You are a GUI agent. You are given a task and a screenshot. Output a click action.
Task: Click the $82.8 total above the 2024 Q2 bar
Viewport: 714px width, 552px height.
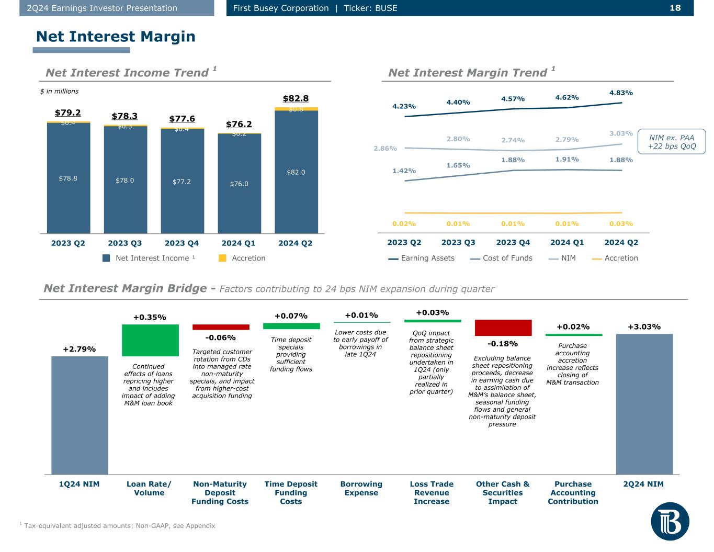pos(296,98)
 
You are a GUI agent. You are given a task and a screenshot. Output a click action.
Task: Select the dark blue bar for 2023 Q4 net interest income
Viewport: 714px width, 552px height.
pos(183,181)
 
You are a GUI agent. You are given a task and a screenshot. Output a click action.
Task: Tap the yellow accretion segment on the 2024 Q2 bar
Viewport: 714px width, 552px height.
pos(297,109)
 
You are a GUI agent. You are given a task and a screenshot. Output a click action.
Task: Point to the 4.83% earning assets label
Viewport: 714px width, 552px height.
pos(621,93)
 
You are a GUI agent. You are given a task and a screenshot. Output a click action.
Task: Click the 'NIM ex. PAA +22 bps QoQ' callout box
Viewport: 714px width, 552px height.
pos(672,142)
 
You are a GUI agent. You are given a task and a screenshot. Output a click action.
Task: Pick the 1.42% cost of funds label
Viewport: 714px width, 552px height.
pos(404,171)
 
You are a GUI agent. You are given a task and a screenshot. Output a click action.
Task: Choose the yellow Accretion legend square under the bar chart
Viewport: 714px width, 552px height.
pos(222,258)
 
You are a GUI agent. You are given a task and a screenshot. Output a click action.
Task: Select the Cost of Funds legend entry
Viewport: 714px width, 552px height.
pos(501,258)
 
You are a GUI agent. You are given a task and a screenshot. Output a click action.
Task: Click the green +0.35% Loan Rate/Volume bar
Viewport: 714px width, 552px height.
pos(150,341)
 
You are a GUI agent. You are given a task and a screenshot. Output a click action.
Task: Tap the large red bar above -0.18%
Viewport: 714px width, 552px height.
pos(503,328)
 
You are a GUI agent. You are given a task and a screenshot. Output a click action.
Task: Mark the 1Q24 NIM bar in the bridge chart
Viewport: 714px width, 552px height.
pos(80,415)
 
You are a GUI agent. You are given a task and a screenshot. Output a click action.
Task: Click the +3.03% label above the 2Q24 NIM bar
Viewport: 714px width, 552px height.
pos(644,327)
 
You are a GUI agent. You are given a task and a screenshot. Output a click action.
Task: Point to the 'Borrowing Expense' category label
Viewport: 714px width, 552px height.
pos(361,488)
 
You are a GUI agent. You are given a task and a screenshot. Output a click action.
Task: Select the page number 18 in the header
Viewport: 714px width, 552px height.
pos(675,8)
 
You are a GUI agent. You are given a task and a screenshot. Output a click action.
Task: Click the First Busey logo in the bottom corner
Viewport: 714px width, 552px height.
pos(670,522)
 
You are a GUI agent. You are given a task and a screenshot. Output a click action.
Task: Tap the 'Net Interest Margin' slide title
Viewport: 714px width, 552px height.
pos(116,36)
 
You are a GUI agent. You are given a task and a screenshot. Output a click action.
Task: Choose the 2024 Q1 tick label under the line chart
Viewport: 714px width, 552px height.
pos(567,242)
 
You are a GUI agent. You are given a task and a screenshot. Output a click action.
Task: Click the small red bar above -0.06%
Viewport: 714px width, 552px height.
pos(221,327)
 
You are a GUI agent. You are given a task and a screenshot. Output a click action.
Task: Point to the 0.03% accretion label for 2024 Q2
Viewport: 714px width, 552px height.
pos(621,224)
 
